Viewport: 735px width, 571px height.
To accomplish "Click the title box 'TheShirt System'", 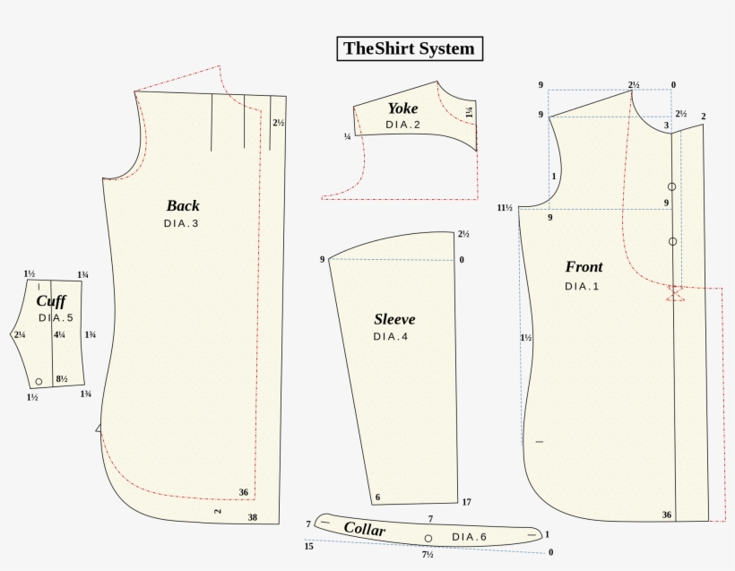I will pyautogui.click(x=409, y=48).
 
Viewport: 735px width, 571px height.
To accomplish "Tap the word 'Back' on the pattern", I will pyautogui.click(x=183, y=205).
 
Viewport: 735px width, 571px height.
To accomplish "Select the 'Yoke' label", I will pyautogui.click(x=402, y=108).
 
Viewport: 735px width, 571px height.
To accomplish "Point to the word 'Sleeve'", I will pyautogui.click(x=394, y=319).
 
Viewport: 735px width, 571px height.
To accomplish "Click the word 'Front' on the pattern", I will pyautogui.click(x=584, y=267).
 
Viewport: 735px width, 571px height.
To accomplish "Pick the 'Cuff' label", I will pyautogui.click(x=51, y=301).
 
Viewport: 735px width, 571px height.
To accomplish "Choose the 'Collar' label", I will pyautogui.click(x=365, y=530).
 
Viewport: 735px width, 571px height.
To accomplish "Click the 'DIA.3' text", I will pyautogui.click(x=181, y=223).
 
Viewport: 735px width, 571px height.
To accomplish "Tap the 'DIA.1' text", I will pyautogui.click(x=582, y=286).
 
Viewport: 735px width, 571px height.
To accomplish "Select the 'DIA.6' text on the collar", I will pyautogui.click(x=469, y=537).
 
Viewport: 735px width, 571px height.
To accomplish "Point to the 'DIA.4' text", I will pyautogui.click(x=391, y=337).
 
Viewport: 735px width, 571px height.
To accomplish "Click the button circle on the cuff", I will pyautogui.click(x=39, y=381).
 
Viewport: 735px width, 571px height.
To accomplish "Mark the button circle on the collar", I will pyautogui.click(x=428, y=539).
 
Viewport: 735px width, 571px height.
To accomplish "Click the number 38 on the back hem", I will pyautogui.click(x=253, y=517).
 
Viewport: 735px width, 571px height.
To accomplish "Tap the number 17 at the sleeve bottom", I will pyautogui.click(x=467, y=502).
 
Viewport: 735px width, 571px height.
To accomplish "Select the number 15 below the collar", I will pyautogui.click(x=309, y=545).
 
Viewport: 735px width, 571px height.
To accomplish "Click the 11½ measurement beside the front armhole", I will pyautogui.click(x=505, y=208).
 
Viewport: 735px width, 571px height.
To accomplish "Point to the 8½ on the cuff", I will pyautogui.click(x=62, y=379).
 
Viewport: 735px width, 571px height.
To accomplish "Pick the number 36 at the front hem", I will pyautogui.click(x=667, y=515).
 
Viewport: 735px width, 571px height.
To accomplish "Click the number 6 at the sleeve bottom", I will pyautogui.click(x=377, y=497).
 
